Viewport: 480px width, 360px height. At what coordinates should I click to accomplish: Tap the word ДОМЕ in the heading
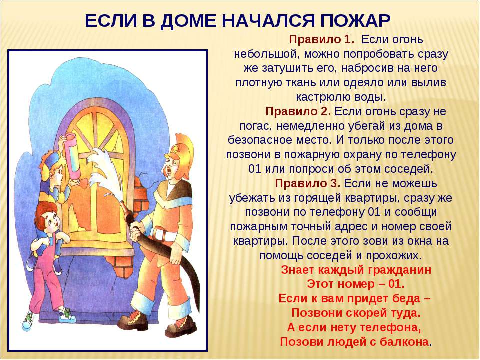(x=188, y=22)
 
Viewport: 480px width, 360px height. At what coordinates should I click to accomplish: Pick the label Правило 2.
(x=298, y=111)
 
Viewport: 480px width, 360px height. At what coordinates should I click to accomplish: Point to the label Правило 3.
(x=307, y=183)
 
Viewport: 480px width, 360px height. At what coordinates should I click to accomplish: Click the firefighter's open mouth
(x=168, y=170)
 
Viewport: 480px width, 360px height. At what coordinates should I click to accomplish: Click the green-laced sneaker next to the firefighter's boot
(x=67, y=316)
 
